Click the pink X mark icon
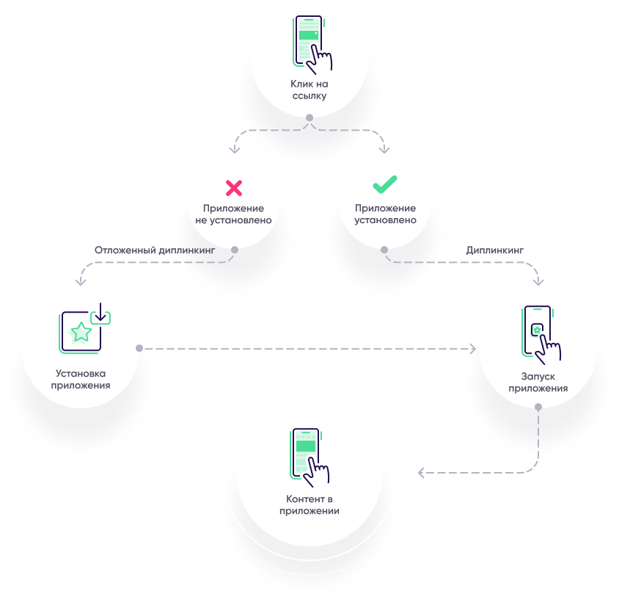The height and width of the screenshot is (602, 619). click(x=234, y=188)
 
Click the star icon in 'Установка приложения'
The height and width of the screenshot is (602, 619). click(x=81, y=332)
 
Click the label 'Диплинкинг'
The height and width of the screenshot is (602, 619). click(x=496, y=250)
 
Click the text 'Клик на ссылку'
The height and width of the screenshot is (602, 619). click(x=309, y=90)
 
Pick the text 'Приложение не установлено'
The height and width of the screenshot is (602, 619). click(x=234, y=214)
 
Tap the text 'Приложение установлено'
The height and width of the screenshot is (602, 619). click(x=385, y=214)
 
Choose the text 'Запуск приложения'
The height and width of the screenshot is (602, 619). click(x=538, y=382)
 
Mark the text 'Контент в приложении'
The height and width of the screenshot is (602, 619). click(x=309, y=505)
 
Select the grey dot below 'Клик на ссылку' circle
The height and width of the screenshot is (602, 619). click(x=309, y=117)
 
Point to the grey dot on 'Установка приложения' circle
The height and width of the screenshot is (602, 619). click(x=139, y=348)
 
